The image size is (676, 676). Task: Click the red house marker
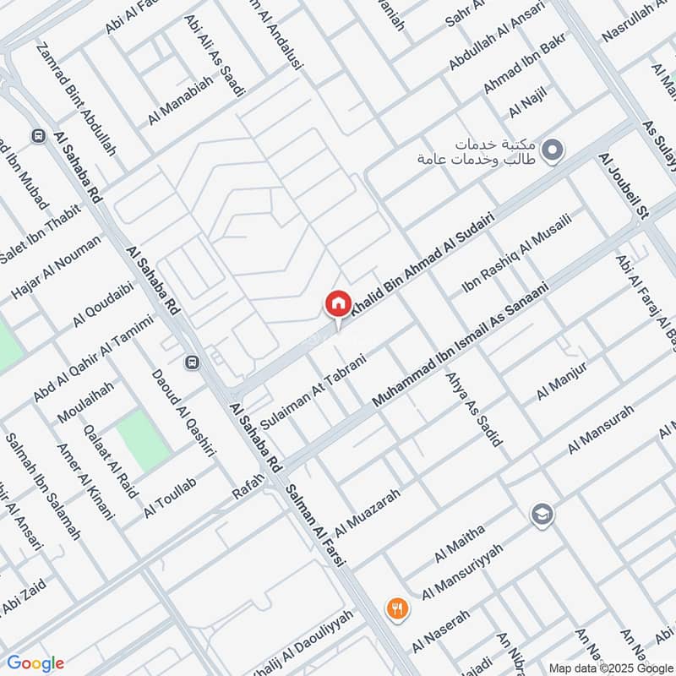pyautogui.click(x=338, y=303)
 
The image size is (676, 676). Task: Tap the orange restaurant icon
pyautogui.click(x=397, y=607)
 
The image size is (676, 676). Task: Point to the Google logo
pyautogui.click(x=35, y=663)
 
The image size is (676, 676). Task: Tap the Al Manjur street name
pyautogui.click(x=561, y=380)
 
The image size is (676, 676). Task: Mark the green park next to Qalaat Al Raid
pyautogui.click(x=142, y=441)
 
